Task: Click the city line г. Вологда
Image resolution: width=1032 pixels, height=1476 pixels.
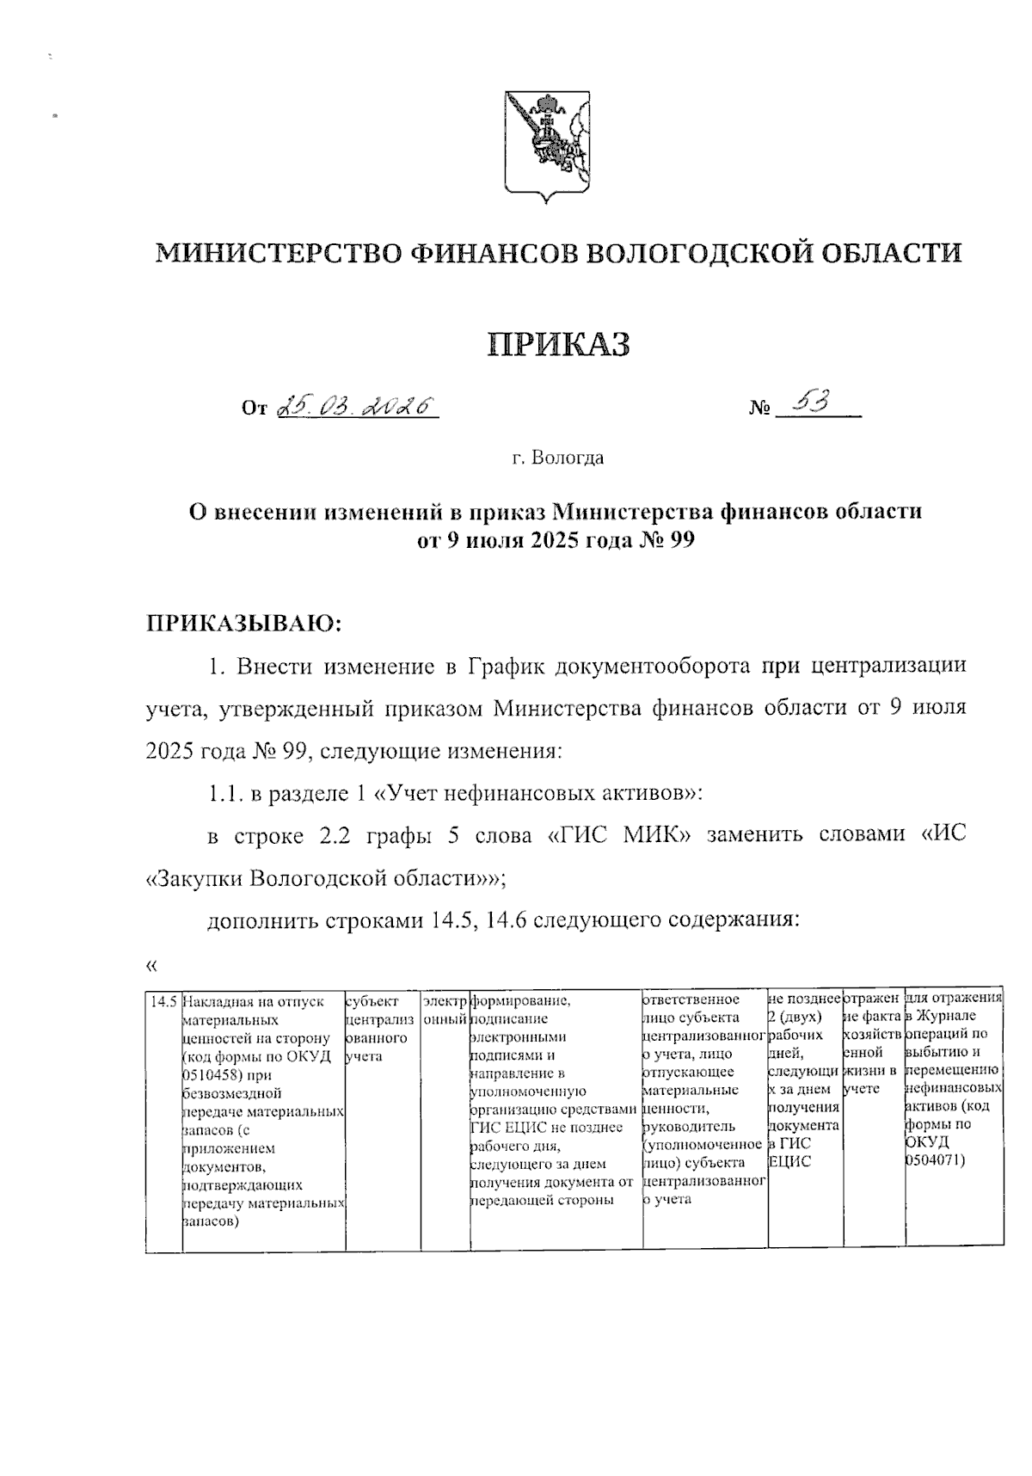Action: [558, 458]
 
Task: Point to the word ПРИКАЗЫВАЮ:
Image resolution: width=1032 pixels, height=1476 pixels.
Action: [243, 622]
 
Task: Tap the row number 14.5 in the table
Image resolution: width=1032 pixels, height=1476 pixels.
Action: [163, 1001]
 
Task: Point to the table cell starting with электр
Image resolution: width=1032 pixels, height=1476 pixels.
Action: [445, 1010]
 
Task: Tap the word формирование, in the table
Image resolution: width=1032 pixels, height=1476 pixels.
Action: [521, 1001]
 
